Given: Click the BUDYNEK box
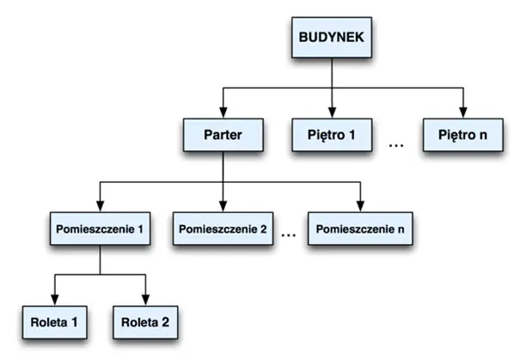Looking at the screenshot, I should point(331,40).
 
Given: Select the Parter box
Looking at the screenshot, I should point(222,135).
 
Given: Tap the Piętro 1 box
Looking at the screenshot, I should point(331,135).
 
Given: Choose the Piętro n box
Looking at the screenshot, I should point(462,135).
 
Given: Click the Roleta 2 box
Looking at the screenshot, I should point(145,324).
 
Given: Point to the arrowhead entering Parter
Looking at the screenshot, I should point(222,113).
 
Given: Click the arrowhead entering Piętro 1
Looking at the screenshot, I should point(331,113).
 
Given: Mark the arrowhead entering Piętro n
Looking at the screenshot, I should point(462,113).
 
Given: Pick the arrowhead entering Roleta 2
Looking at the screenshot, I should point(145,302).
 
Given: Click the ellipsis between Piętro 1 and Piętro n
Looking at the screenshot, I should point(396,146).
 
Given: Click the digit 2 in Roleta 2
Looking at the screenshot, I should point(166,324).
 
